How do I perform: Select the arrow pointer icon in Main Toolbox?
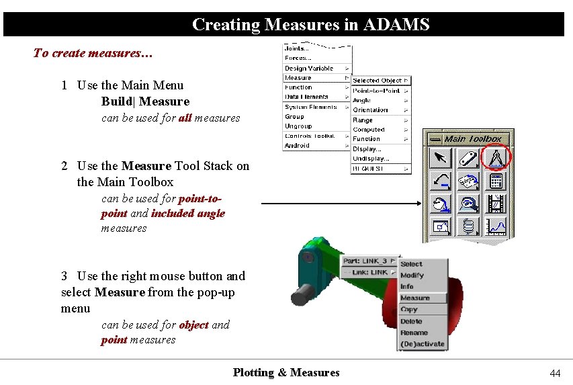(x=440, y=158)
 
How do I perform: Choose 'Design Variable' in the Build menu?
(x=309, y=68)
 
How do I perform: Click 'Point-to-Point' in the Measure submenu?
(x=376, y=90)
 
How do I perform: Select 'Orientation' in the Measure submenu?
(x=370, y=110)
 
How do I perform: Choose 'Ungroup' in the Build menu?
(x=298, y=126)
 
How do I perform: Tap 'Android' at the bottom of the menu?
(x=297, y=145)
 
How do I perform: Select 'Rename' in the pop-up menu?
(x=414, y=333)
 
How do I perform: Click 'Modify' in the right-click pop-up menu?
(x=412, y=275)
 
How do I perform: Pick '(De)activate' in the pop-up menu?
(x=422, y=344)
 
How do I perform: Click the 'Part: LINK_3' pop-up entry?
(x=365, y=261)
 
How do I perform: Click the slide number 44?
(x=555, y=373)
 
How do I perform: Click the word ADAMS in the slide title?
(x=396, y=25)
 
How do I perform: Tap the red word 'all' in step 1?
(x=185, y=118)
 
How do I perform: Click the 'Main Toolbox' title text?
(x=473, y=138)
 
